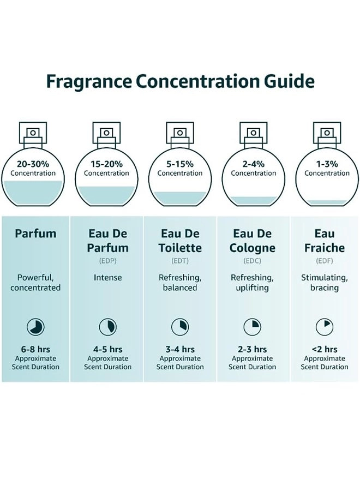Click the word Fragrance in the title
(88, 81)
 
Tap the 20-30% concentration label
(33, 163)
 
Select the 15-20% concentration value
(106, 163)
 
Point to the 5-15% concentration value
(180, 163)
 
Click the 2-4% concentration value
(254, 163)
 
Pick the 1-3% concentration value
(327, 163)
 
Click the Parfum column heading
(35, 233)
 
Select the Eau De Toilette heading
(180, 241)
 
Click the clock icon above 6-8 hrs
(35, 327)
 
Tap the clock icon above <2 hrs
(325, 327)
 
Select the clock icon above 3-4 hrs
(180, 327)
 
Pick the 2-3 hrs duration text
(253, 349)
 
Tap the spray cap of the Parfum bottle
(33, 132)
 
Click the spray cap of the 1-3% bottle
(327, 132)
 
